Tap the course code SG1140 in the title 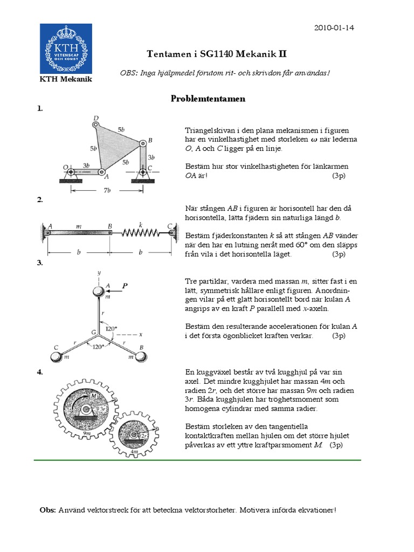[x=207, y=54]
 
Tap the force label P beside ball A [x=125, y=287]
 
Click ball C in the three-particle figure [x=56, y=356]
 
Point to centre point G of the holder [x=98, y=331]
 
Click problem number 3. [x=39, y=263]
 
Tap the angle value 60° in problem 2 [x=289, y=245]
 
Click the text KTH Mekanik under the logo [x=66, y=79]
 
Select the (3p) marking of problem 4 [x=336, y=445]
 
